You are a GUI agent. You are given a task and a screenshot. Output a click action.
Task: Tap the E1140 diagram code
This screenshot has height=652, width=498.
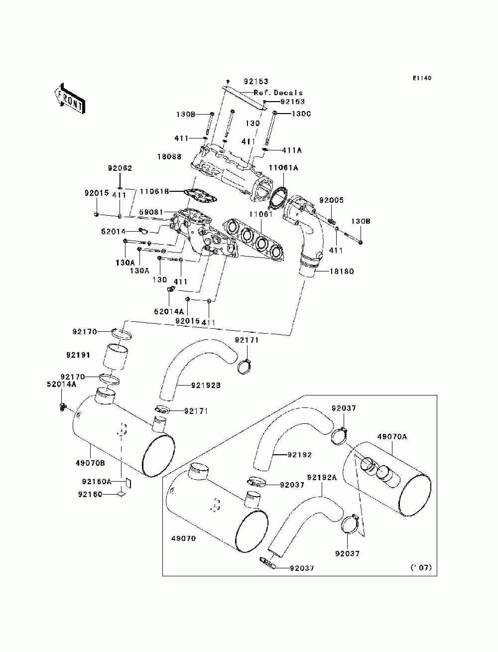[422, 78]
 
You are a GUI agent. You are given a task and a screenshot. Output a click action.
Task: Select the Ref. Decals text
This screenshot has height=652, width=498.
[278, 93]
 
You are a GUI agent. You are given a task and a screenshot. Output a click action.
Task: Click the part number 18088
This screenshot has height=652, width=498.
[169, 156]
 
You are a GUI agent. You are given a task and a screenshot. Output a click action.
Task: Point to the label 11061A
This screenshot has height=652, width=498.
[283, 168]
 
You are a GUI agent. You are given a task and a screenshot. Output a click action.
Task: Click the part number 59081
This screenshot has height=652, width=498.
[151, 212]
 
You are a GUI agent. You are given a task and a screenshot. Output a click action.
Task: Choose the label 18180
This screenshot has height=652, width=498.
[342, 271]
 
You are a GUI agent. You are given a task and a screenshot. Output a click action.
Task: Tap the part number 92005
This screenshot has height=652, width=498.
[331, 200]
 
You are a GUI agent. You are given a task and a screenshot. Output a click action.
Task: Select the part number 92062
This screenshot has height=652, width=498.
[120, 168]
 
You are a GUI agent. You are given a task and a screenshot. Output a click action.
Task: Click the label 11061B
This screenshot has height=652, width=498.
[154, 191]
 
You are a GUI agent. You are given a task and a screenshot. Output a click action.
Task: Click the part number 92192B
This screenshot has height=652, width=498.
[206, 386]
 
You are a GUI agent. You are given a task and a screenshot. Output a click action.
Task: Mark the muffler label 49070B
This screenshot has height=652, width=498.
[90, 463]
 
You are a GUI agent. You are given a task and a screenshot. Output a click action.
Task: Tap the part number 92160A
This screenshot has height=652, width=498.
[97, 481]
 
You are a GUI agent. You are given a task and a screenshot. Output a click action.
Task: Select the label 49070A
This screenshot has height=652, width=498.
[392, 437]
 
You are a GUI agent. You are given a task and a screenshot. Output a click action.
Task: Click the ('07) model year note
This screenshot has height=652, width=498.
[421, 568]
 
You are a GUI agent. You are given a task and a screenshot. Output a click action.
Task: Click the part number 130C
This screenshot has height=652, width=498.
[301, 114]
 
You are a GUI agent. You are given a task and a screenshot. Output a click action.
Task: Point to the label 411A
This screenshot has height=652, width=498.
[292, 150]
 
